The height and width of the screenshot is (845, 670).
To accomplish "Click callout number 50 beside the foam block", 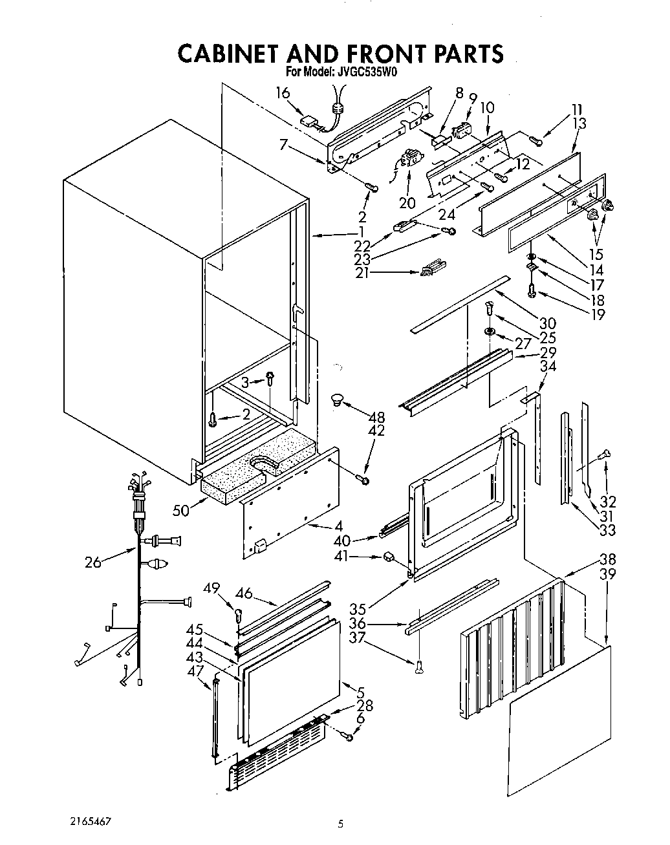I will click(181, 510).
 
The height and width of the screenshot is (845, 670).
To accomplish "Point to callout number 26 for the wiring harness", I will click(94, 562).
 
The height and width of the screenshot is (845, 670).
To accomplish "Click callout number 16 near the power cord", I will click(283, 93).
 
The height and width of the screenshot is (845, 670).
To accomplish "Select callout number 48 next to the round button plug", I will click(376, 416).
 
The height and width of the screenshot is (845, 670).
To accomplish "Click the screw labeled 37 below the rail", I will click(419, 663).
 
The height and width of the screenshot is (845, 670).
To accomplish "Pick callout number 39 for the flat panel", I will click(607, 574).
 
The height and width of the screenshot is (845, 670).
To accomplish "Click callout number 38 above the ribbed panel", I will click(607, 559).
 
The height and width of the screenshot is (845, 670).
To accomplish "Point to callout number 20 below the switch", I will click(407, 202).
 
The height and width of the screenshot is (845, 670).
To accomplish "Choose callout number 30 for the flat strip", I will click(547, 323).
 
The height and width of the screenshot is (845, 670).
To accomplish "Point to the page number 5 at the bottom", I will click(340, 824).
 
